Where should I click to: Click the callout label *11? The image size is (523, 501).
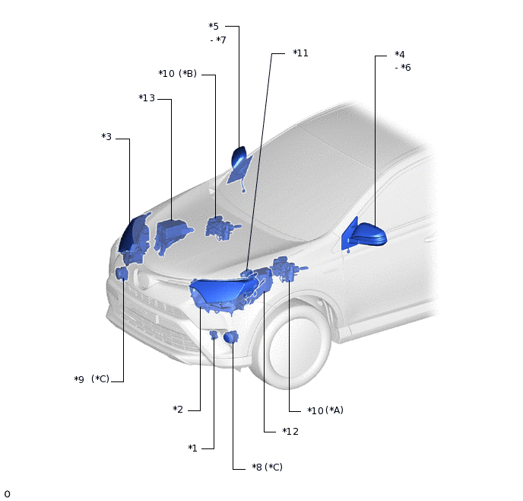click(x=300, y=53)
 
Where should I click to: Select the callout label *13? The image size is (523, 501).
click(x=147, y=98)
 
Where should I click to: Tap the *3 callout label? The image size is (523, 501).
click(x=106, y=136)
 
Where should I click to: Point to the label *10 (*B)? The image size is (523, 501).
click(x=177, y=74)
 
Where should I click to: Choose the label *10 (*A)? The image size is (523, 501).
click(x=325, y=410)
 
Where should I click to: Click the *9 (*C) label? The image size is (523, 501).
click(x=92, y=379)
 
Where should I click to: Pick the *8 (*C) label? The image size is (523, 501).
click(x=267, y=467)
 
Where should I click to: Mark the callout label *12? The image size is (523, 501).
click(x=290, y=432)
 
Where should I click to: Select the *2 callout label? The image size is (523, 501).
click(x=178, y=410)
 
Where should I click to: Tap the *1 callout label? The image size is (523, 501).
click(x=193, y=448)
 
